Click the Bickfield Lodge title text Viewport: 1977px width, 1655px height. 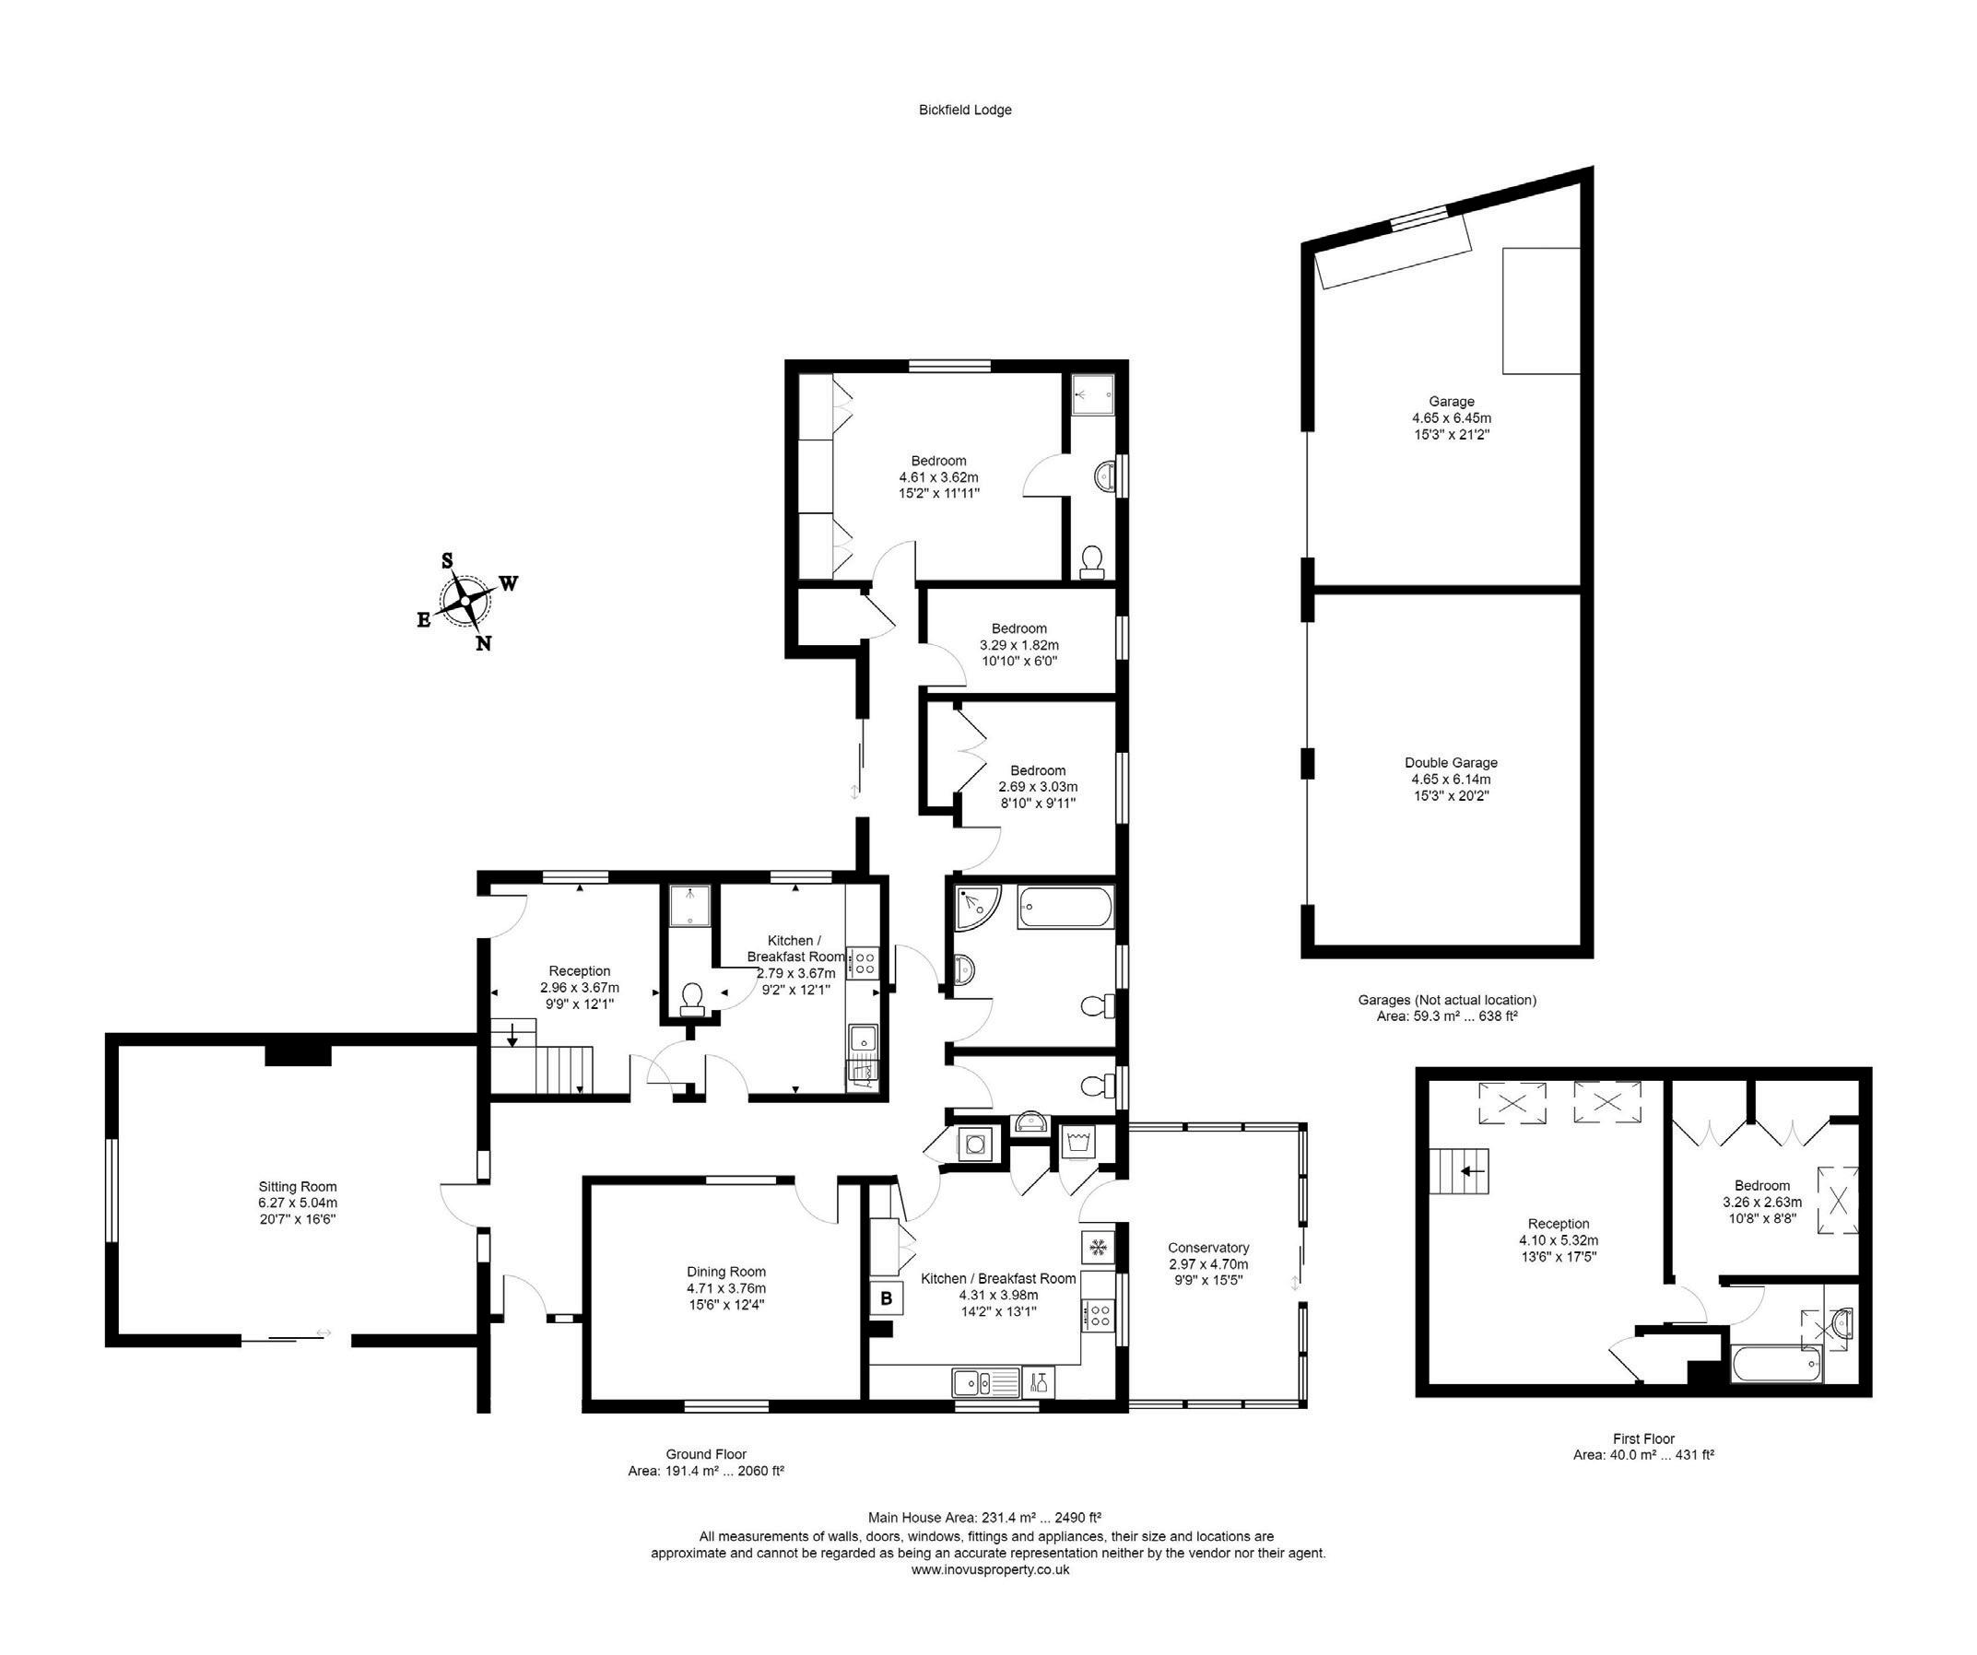click(965, 111)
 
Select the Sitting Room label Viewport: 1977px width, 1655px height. click(298, 1187)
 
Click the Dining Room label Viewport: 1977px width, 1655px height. click(726, 1272)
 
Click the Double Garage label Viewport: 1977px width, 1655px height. click(1451, 764)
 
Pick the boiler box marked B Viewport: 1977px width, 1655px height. click(886, 1299)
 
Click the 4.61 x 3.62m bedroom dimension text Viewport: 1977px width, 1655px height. click(937, 477)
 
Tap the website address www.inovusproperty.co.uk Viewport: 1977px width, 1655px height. click(990, 1570)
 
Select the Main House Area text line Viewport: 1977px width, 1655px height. click(983, 1518)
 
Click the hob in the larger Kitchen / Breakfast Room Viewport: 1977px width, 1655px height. click(1098, 1314)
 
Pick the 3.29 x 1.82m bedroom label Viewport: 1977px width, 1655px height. click(1018, 645)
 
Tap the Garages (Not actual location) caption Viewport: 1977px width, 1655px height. click(1447, 1000)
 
